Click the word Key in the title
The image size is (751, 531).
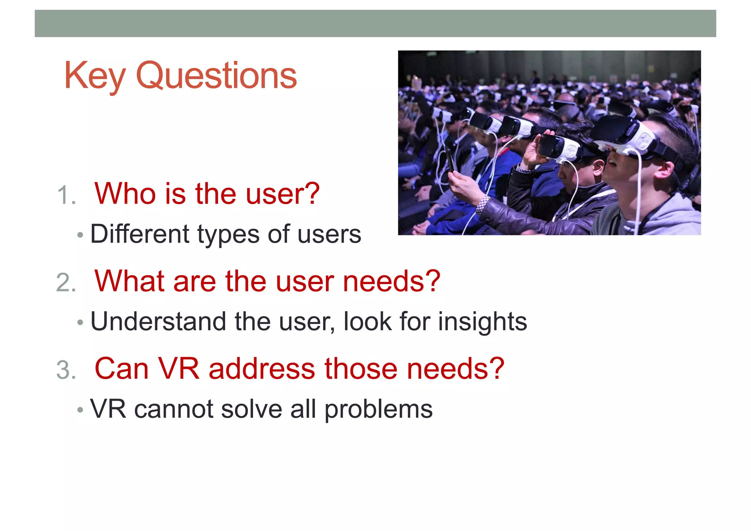94,76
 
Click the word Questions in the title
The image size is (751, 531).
216,76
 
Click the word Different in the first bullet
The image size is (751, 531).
140,234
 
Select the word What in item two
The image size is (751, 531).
129,281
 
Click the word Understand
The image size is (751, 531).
158,321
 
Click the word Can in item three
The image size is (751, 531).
121,368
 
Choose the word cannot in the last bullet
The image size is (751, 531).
173,409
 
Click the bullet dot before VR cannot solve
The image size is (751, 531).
80,410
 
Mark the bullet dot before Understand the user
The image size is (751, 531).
80,323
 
